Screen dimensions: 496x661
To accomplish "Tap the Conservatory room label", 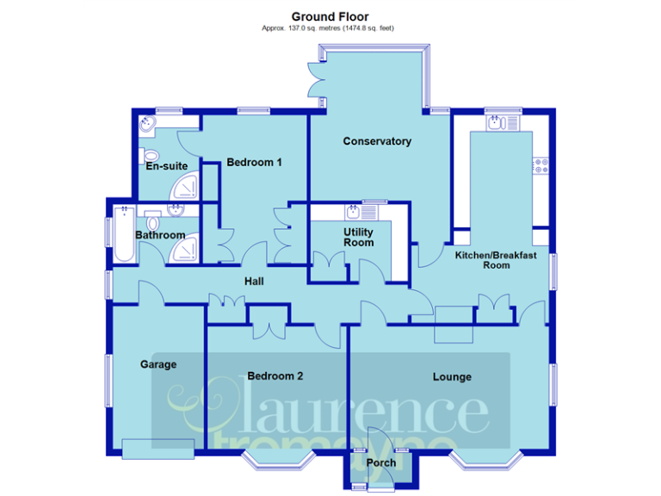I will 377,141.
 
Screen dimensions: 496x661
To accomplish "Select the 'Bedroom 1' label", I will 254,162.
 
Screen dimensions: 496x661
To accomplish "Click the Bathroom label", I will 160,235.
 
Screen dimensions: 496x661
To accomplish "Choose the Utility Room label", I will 358,238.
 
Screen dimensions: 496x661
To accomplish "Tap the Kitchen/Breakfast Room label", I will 496,260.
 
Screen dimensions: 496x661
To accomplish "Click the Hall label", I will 254,282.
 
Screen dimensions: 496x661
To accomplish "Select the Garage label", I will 158,364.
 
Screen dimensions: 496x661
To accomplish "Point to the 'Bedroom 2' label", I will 275,375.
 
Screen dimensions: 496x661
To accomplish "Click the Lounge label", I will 452,376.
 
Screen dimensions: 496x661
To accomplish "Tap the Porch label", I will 380,463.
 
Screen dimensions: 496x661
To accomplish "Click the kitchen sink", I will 497,123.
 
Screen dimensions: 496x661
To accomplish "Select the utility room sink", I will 353,211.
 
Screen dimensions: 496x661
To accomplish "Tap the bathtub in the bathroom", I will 121,234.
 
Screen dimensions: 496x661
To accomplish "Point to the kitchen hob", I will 542,165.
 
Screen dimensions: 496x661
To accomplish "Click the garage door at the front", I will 158,449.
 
